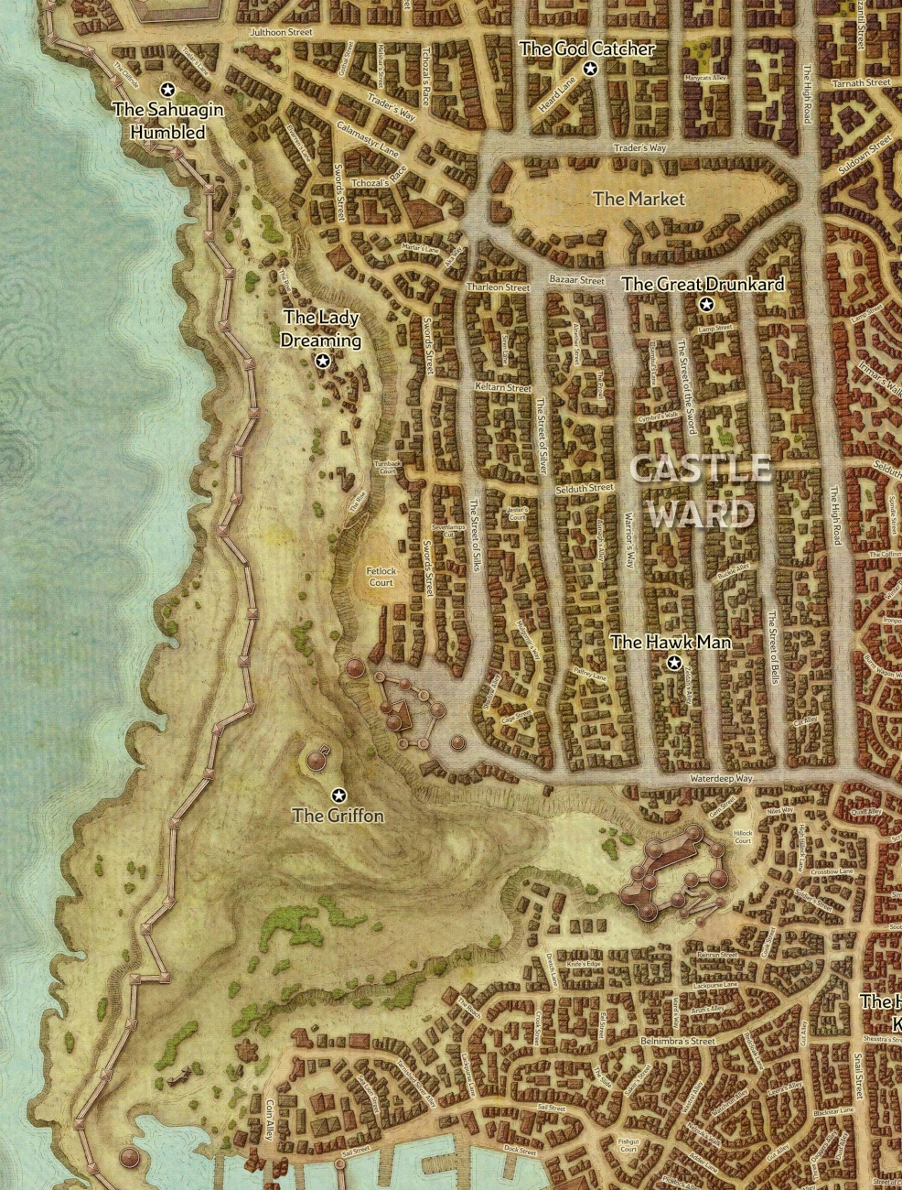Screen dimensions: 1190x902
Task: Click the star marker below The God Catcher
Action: (590, 70)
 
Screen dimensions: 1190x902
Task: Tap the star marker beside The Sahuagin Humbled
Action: (167, 89)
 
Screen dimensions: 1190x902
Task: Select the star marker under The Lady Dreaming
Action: (322, 362)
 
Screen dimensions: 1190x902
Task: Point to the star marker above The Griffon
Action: (339, 794)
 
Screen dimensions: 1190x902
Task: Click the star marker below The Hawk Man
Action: (674, 663)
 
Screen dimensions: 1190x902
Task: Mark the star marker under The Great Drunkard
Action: (705, 305)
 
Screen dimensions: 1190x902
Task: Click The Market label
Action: (639, 199)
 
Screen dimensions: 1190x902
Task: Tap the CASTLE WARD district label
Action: (701, 492)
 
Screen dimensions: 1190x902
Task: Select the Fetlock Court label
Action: (381, 577)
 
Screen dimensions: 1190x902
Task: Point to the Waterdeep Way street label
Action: (721, 778)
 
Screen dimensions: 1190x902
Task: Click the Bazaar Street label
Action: (576, 280)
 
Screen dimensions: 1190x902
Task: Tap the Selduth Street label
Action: (585, 489)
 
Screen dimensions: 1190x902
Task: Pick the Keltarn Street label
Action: (503, 388)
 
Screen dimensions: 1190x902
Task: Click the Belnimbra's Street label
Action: (678, 1041)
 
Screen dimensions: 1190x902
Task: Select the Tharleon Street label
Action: (498, 287)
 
